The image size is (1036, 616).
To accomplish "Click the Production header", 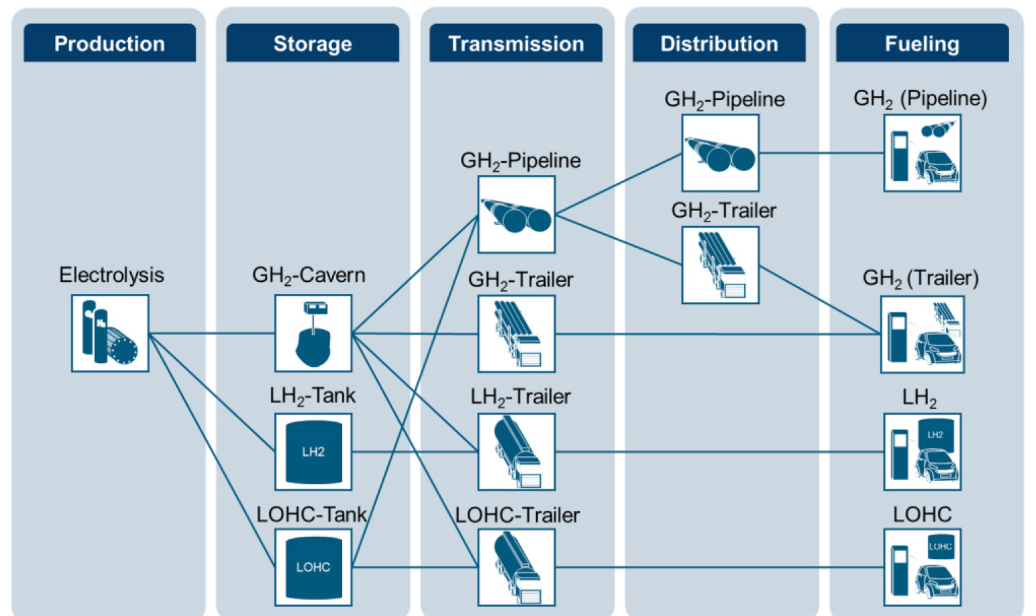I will [x=109, y=44].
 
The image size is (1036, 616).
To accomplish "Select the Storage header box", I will [x=313, y=44].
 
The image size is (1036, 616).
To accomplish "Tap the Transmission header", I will [x=516, y=44].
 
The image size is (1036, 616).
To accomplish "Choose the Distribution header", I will [x=719, y=44].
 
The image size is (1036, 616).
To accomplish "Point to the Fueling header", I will [x=922, y=44].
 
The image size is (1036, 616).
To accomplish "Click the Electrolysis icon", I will [x=110, y=333].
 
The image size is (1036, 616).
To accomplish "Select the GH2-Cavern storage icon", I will [x=313, y=333].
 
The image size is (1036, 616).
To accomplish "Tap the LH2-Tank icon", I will [x=313, y=452].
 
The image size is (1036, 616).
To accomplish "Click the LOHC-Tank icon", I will [x=313, y=567].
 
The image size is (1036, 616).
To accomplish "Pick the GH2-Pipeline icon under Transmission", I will [x=517, y=215].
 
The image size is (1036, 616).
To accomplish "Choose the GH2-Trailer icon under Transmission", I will [x=517, y=334].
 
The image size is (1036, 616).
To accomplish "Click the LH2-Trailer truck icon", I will [x=517, y=452].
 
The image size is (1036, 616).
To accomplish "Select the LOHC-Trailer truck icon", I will [x=517, y=567].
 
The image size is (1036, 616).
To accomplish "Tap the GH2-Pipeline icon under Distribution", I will [x=721, y=153].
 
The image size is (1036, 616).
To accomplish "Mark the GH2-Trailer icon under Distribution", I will [x=721, y=265].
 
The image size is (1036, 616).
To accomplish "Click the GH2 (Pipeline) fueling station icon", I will [x=923, y=153].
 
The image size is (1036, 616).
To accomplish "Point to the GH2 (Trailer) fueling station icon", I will [x=923, y=334].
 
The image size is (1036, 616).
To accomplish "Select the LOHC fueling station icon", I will [x=923, y=567].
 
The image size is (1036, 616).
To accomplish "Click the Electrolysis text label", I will [x=111, y=275].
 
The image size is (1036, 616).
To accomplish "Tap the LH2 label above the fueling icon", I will [x=919, y=397].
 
